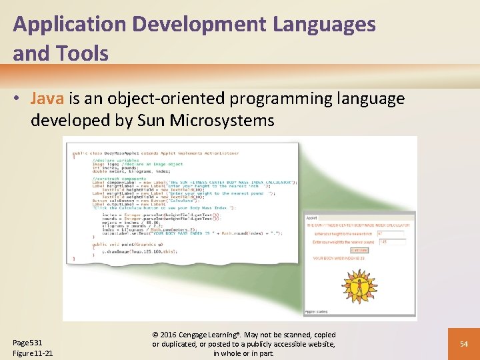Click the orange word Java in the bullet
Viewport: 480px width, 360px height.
pyautogui.click(x=47, y=99)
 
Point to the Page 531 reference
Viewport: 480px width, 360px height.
pyautogui.click(x=27, y=342)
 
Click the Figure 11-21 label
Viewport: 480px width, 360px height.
pyautogui.click(x=33, y=353)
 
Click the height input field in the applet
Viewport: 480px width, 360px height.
pyautogui.click(x=390, y=234)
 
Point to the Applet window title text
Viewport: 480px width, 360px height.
pyautogui.click(x=312, y=218)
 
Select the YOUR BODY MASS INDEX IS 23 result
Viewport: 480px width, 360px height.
pyautogui.click(x=339, y=257)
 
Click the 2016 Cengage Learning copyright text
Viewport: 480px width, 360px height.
pyautogui.click(x=243, y=335)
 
